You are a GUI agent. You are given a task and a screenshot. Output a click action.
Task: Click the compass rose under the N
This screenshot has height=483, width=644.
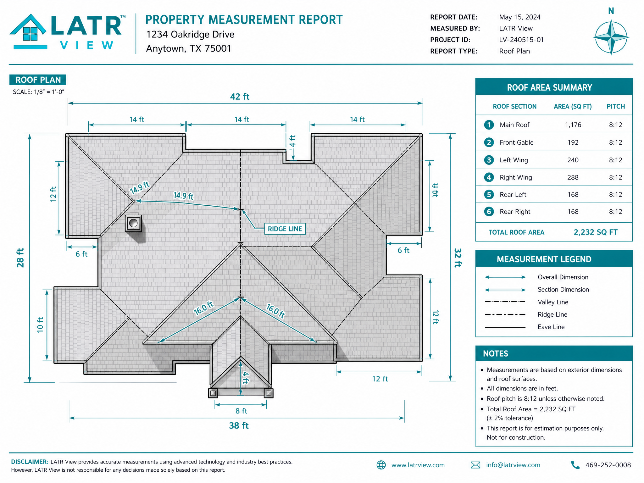[611, 37]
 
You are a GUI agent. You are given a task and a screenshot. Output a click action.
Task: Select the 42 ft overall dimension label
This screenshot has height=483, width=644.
[240, 97]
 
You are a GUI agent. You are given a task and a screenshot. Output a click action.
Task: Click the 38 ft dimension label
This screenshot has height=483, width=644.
[239, 425]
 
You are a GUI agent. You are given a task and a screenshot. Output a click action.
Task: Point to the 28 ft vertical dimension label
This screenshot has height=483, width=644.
[20, 258]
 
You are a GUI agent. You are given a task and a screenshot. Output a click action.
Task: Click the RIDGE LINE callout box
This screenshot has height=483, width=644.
[285, 229]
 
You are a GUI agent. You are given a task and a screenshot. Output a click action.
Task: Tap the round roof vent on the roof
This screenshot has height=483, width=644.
[133, 223]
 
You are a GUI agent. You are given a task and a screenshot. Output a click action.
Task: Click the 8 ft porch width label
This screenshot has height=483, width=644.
[241, 411]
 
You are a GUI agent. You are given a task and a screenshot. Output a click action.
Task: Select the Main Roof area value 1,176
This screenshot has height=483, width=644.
[573, 125]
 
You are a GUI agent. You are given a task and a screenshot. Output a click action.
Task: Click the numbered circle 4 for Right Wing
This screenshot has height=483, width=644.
[489, 177]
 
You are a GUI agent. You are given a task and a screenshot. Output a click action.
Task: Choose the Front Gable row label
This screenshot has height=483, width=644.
[516, 142]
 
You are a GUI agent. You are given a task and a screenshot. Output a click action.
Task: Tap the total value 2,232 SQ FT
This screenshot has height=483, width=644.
[596, 232]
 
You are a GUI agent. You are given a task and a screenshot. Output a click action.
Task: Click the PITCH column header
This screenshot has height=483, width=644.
[616, 106]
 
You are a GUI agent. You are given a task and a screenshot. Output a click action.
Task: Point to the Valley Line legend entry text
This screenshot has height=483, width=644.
[553, 302]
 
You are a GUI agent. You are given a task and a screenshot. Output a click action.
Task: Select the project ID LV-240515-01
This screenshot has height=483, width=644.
[521, 40]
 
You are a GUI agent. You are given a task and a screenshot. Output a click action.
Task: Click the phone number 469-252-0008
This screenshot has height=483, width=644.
[608, 465]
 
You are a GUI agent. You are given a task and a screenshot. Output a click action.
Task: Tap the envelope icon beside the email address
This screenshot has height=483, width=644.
[475, 465]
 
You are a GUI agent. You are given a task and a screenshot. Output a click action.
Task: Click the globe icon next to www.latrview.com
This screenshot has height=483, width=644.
[381, 465]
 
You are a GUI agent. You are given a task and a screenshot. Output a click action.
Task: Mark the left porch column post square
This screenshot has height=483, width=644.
[213, 393]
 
